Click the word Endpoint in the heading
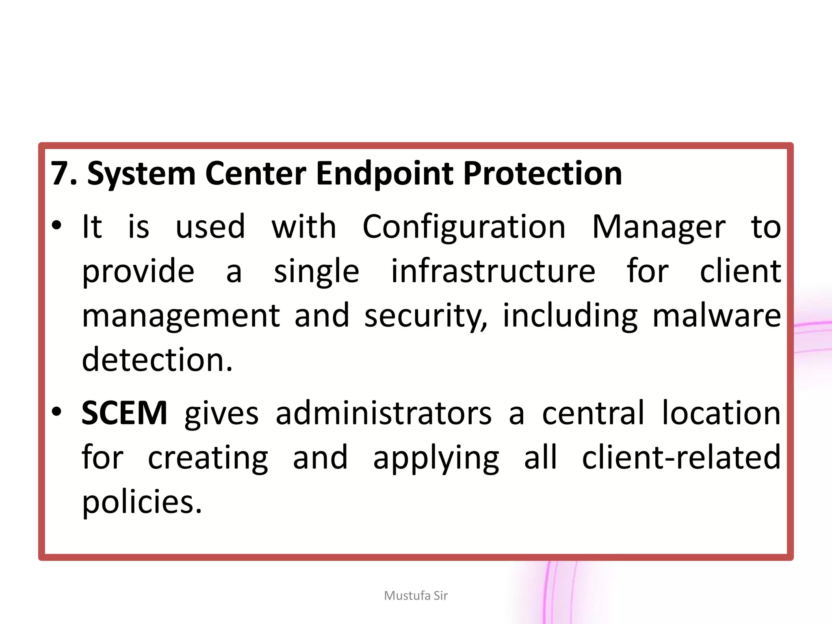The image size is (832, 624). click(384, 173)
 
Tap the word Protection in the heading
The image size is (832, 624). click(542, 173)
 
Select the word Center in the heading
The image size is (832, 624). click(256, 173)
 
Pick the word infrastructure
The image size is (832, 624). click(493, 271)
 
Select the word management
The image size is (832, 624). click(181, 316)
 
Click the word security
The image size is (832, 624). click(425, 316)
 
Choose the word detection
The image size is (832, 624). click(157, 360)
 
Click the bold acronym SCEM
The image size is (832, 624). click(124, 413)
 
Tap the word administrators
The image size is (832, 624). click(383, 413)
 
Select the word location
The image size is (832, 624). click(721, 413)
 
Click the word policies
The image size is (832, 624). click(142, 502)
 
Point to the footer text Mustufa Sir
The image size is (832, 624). click(416, 596)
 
